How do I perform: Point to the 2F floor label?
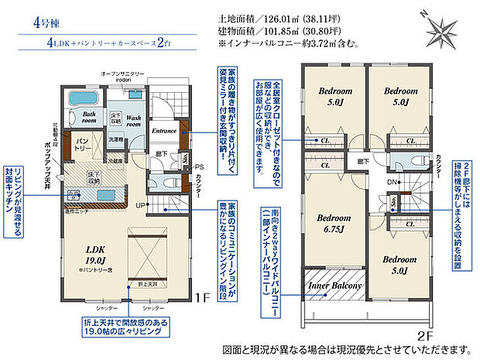point(424,337)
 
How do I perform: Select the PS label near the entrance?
point(199,166)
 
